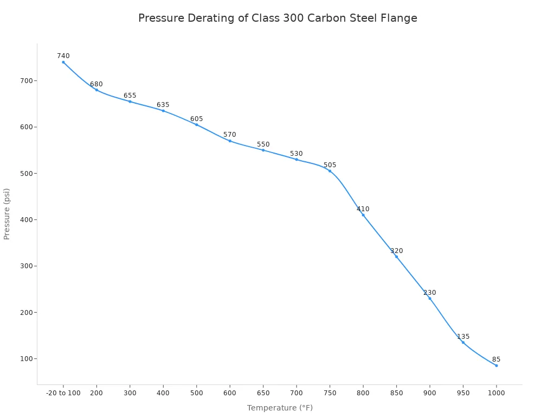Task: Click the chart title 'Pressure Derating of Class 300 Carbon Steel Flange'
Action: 277,18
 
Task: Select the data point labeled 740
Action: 63,62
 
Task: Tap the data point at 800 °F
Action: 363,215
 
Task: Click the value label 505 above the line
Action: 330,165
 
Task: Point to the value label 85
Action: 496,359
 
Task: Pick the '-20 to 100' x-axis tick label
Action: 63,393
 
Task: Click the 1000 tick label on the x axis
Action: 496,393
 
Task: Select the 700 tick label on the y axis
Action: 25,80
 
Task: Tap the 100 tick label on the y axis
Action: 25,358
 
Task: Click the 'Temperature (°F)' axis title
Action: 280,408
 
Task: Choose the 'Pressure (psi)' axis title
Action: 7,214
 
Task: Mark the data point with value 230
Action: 430,298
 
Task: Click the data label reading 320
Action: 396,251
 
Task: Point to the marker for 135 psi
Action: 463,342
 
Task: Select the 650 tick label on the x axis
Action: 263,393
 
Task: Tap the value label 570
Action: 230,135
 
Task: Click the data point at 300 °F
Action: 130,102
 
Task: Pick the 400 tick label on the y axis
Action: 25,219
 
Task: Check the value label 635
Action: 163,105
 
